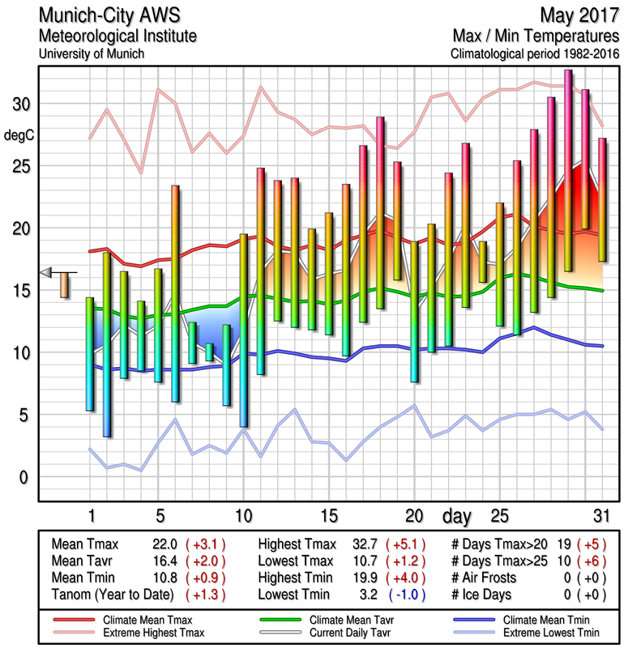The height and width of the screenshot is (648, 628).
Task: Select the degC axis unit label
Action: [x=20, y=135]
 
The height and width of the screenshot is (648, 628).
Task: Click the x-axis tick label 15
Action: [x=328, y=516]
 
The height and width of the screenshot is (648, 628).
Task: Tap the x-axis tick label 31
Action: [x=600, y=516]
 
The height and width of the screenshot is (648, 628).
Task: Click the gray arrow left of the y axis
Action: [x=47, y=272]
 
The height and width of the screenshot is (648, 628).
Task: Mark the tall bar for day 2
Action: [x=107, y=344]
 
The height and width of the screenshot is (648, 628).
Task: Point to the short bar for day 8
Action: [x=209, y=352]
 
